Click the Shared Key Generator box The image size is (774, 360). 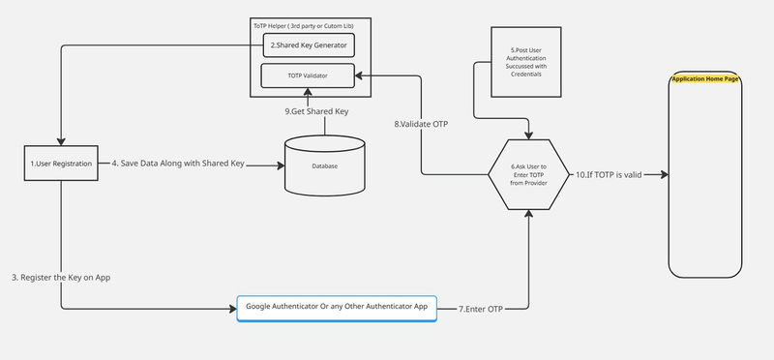point(307,44)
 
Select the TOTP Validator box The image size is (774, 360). point(307,75)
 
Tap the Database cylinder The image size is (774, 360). point(324,165)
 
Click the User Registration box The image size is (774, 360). point(61,165)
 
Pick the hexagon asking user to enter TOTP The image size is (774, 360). point(528,175)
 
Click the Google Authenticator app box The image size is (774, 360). point(337,307)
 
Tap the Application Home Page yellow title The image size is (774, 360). point(705,78)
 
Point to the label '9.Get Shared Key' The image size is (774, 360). point(317,111)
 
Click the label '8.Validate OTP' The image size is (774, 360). point(422,124)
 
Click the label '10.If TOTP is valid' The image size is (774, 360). point(610,175)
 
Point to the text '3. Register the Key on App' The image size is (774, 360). point(61,278)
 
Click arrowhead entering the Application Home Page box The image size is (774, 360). point(665,175)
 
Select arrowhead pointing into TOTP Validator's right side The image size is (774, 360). point(357,75)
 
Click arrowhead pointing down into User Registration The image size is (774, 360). point(61,140)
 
